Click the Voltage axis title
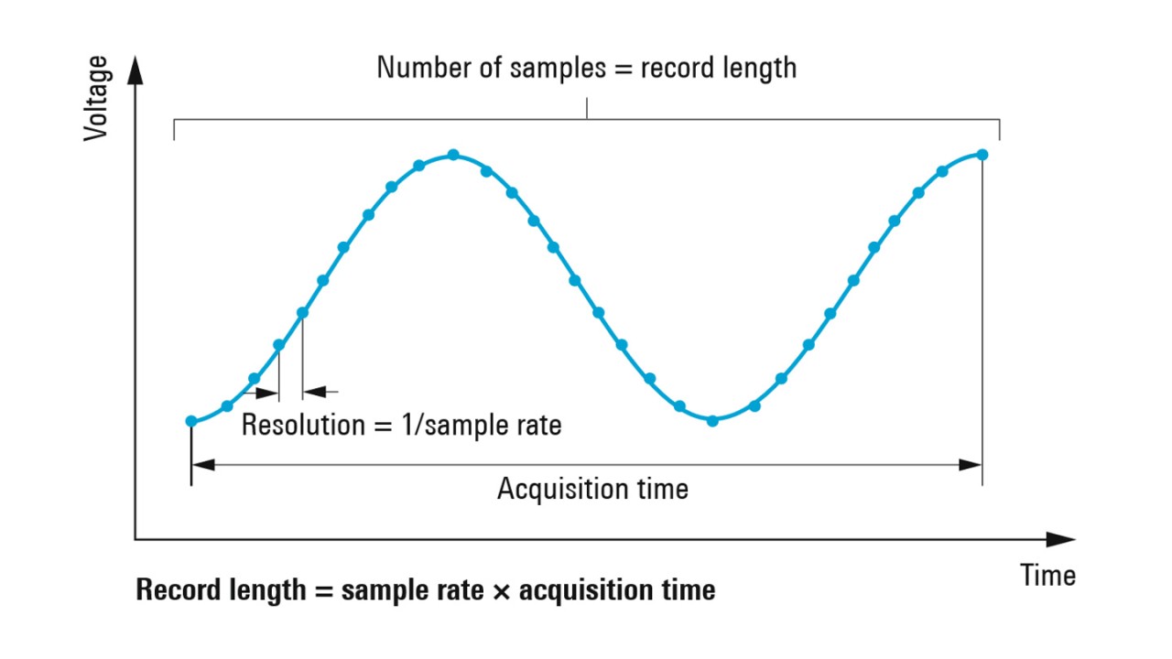point(95,98)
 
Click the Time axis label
point(1048,576)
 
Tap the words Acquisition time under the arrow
point(592,489)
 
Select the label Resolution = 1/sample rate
point(401,425)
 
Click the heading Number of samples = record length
point(586,68)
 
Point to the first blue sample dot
point(191,421)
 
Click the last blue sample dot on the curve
point(982,154)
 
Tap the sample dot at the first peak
point(453,156)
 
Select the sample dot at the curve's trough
point(712,420)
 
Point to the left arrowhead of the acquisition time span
point(202,464)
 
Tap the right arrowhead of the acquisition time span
point(971,464)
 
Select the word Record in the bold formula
point(172,590)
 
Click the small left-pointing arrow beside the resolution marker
point(314,392)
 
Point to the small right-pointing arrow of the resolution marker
point(267,393)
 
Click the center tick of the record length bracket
point(587,109)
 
